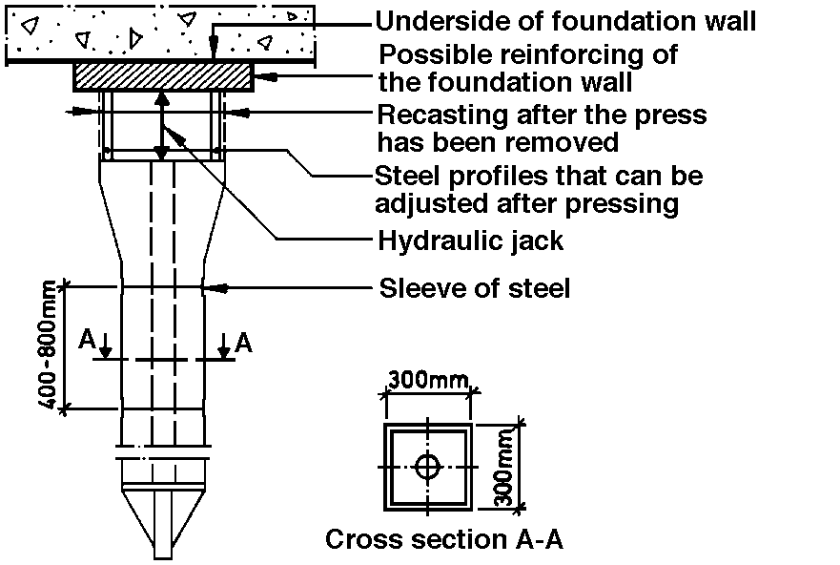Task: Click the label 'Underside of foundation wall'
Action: pos(565,21)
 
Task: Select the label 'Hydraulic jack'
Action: pos(471,240)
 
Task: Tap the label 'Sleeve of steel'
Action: pos(475,287)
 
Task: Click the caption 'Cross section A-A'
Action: pos(444,539)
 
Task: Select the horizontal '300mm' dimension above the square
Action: pos(426,382)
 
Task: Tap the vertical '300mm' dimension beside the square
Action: pos(505,467)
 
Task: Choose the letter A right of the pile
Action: pos(243,342)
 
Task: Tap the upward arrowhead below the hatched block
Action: pos(163,98)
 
